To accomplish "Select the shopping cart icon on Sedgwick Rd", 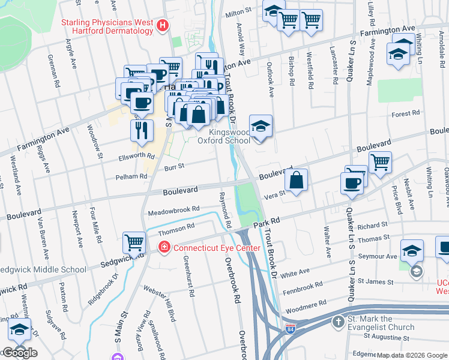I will pyautogui.click(x=134, y=242).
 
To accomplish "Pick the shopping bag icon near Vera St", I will pyautogui.click(x=297, y=179).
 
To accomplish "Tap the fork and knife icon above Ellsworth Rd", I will pyautogui.click(x=142, y=130).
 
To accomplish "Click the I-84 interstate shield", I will pyautogui.click(x=290, y=328).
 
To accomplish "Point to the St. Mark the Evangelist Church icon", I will pyautogui.click(x=338, y=322).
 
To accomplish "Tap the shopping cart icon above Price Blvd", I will pyautogui.click(x=380, y=161).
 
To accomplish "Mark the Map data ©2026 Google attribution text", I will pyautogui.click(x=412, y=355).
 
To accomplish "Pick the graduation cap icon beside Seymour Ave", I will pyautogui.click(x=412, y=250).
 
